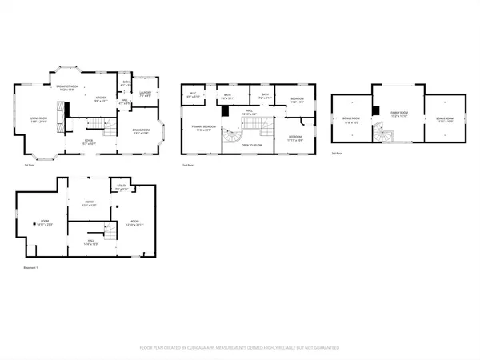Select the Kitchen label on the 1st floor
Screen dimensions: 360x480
pos(101,101)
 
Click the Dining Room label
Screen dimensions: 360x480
pos(142,131)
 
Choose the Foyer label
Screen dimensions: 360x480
pos(90,142)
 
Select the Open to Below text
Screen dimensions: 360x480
pos(254,146)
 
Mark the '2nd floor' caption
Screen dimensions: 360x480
pos(188,164)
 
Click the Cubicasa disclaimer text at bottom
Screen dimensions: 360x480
pos(240,348)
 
